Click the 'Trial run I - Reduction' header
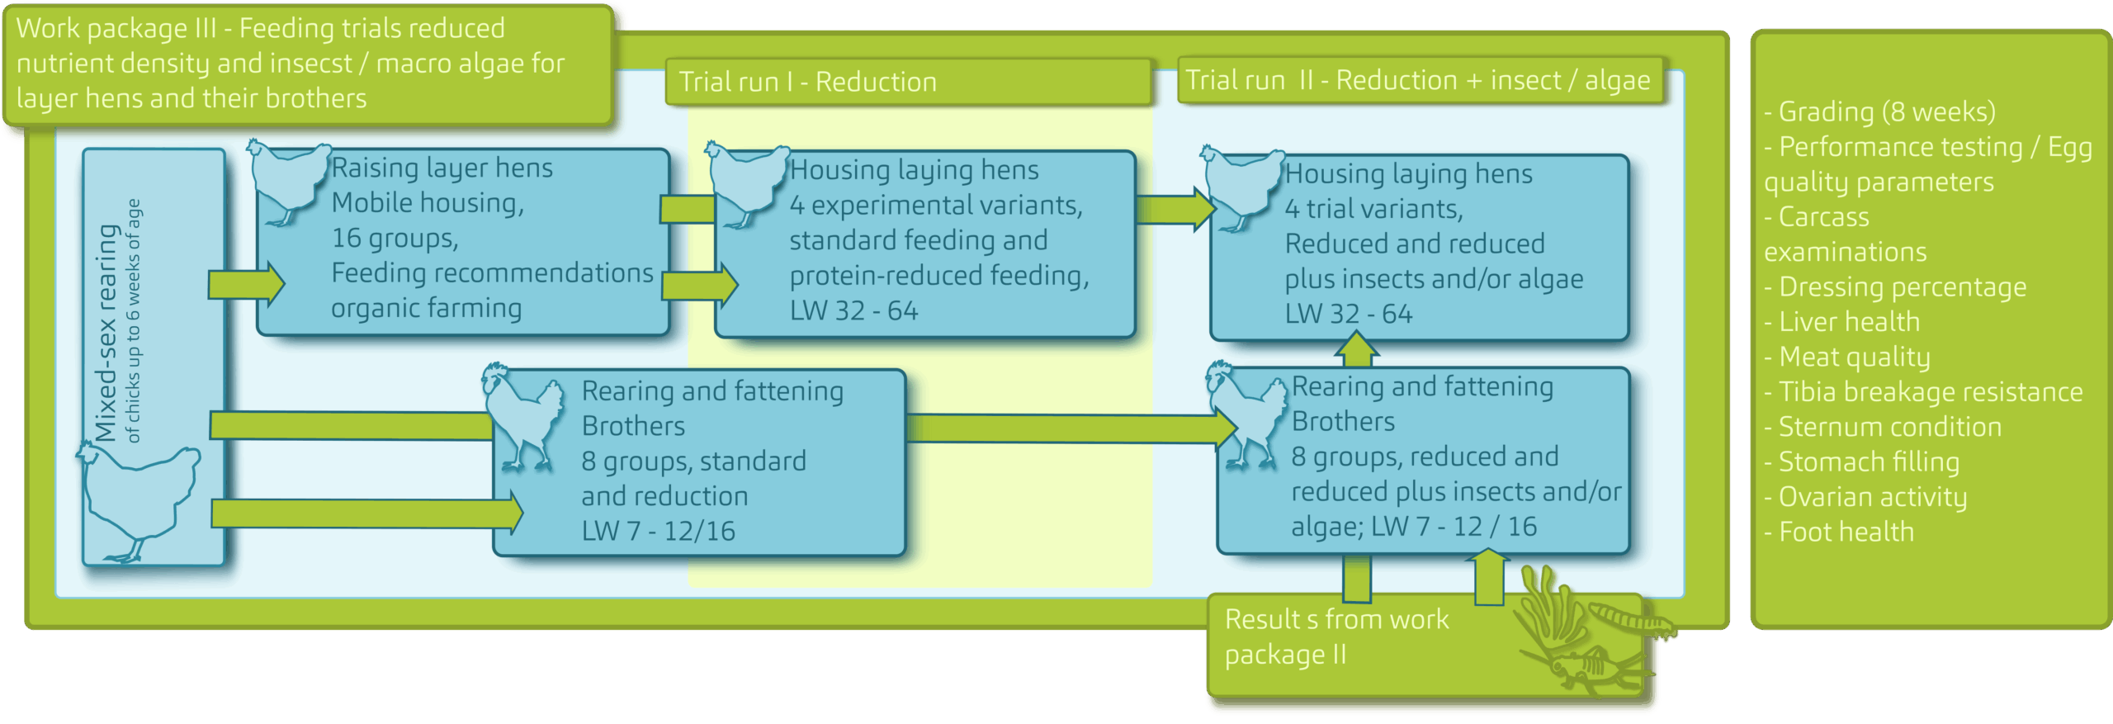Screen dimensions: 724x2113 (x=807, y=82)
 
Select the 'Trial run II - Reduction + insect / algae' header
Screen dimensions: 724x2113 (x=1417, y=80)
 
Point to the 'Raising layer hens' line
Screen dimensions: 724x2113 (x=442, y=168)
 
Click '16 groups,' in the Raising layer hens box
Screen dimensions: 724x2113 (x=395, y=239)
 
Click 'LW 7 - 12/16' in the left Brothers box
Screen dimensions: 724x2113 (x=658, y=531)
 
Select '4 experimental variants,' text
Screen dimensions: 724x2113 (x=935, y=206)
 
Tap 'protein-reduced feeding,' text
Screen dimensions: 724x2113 (x=938, y=276)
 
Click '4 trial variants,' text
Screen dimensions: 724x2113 (x=1373, y=209)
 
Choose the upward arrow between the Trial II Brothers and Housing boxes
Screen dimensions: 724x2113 (x=1356, y=350)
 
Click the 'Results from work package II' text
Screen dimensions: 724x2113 (x=1335, y=636)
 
